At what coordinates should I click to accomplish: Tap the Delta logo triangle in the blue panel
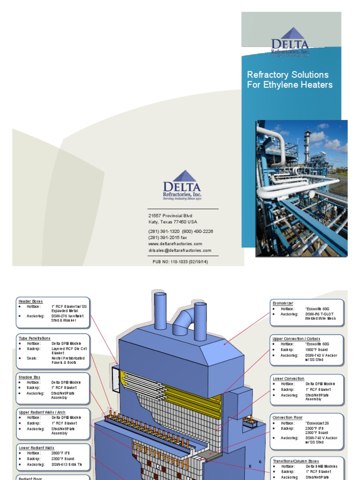coord(291,34)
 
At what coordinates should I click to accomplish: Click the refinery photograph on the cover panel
coord(301,188)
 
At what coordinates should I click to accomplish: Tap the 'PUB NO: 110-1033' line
coord(180,262)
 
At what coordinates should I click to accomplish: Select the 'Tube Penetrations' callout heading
coord(34,338)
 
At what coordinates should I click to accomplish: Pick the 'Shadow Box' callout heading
coord(30,377)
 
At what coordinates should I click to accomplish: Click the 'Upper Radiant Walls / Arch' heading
coord(42,412)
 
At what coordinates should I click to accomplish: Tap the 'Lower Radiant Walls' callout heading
coord(35,448)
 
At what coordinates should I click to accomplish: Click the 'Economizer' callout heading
coord(283,303)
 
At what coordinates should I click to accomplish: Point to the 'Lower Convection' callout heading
coord(288,378)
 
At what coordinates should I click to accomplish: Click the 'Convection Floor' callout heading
coord(288,417)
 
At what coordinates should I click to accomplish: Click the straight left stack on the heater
coord(160,310)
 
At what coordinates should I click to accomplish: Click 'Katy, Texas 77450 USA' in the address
coord(172,222)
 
